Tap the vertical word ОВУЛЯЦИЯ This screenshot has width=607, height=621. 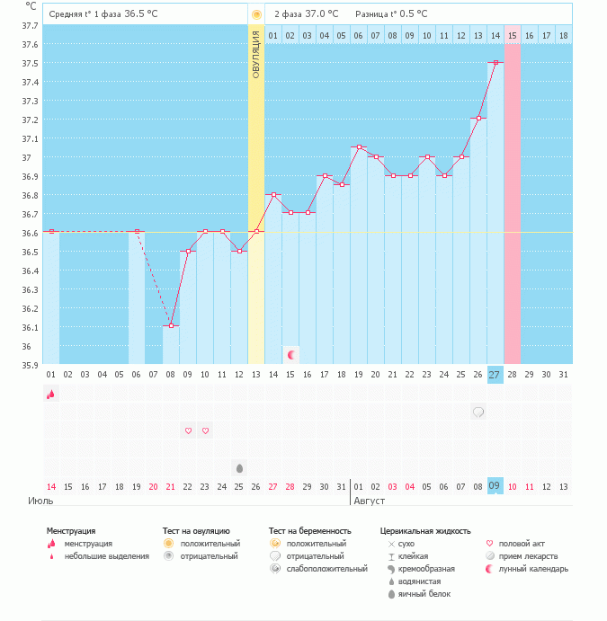point(256,56)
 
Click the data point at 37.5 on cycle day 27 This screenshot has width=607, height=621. point(495,63)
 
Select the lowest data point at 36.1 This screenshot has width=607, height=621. point(171,325)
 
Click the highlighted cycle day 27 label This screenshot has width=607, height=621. point(495,374)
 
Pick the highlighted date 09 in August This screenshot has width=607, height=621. point(495,486)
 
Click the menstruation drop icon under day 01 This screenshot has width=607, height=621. point(51,394)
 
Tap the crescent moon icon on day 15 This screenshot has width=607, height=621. point(291,355)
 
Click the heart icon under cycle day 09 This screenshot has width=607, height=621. point(188,430)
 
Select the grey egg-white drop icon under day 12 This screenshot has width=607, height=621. point(239,467)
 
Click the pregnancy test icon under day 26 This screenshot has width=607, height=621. point(478,412)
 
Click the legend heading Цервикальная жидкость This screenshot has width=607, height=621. point(425,531)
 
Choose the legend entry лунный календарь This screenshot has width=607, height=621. point(533,569)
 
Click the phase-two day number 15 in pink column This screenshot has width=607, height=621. point(513,35)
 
